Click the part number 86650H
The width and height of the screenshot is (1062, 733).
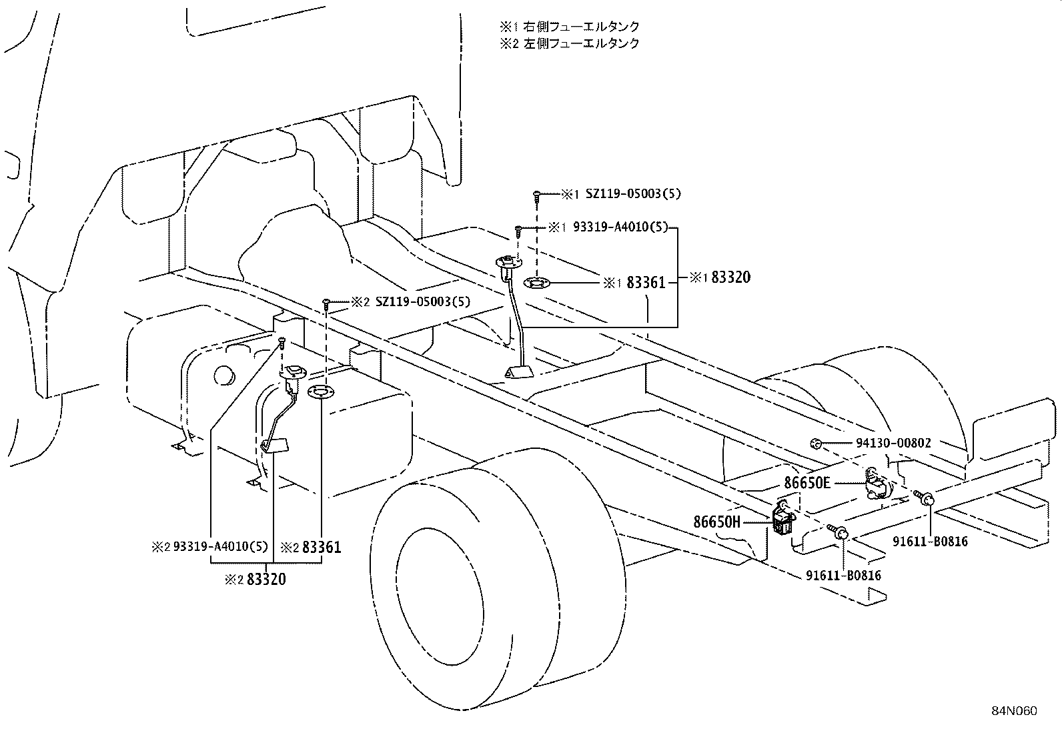pyautogui.click(x=717, y=522)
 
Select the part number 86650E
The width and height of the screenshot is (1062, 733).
pyautogui.click(x=803, y=482)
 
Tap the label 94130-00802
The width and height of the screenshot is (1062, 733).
pyautogui.click(x=893, y=443)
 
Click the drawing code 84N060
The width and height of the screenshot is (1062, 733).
pyautogui.click(x=1013, y=710)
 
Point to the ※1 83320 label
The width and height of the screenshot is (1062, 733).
pyautogui.click(x=720, y=277)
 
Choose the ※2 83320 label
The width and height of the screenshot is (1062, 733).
pyautogui.click(x=256, y=580)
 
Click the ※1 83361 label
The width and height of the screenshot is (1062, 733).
pyautogui.click(x=635, y=283)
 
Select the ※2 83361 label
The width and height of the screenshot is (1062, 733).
pyautogui.click(x=310, y=548)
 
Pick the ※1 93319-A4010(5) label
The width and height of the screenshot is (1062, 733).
pyautogui.click(x=608, y=227)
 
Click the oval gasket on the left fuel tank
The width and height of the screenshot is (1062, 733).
pyautogui.click(x=320, y=392)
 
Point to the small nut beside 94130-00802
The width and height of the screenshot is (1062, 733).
pyautogui.click(x=815, y=443)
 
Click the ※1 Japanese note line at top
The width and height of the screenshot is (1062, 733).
pyautogui.click(x=570, y=27)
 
